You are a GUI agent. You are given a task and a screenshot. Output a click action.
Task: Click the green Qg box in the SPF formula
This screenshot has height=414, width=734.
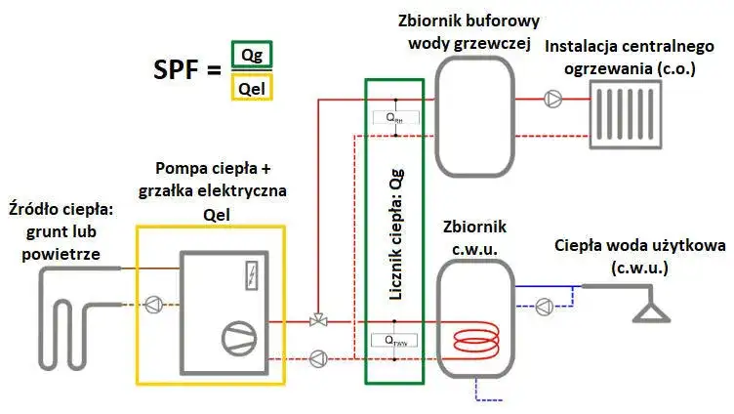[x=252, y=54]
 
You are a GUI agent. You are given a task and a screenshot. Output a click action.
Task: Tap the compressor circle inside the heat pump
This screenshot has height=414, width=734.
[x=237, y=337]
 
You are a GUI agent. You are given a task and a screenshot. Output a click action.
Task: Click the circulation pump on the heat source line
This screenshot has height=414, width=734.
[x=154, y=304]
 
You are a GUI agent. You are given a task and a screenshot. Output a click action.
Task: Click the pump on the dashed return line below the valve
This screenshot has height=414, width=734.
[x=318, y=357]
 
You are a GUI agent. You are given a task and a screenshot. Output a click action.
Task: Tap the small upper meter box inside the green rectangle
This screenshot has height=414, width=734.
[x=394, y=117]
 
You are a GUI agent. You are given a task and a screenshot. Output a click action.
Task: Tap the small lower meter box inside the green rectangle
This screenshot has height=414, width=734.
[x=394, y=341]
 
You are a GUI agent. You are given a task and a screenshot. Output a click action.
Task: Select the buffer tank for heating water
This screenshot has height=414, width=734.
[x=474, y=102]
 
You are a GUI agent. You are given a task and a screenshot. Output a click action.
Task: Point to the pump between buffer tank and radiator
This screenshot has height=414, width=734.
[x=553, y=98]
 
